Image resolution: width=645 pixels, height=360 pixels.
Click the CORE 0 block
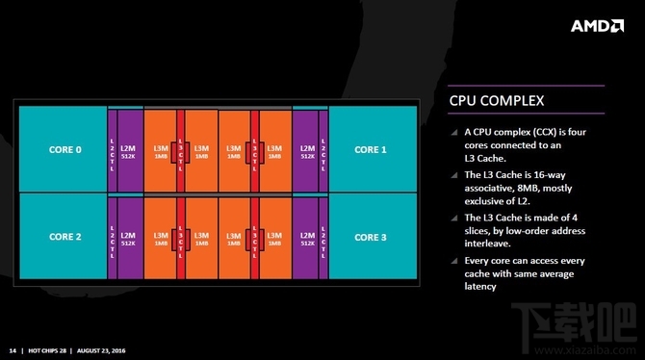click(64, 149)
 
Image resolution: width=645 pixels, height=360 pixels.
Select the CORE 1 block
click(371, 149)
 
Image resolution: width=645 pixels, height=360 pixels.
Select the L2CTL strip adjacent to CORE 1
click(323, 149)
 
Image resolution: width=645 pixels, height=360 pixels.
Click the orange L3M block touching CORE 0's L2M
click(160, 149)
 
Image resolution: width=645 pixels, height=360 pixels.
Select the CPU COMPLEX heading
click(498, 100)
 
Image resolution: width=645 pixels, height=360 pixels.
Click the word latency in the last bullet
click(480, 286)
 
